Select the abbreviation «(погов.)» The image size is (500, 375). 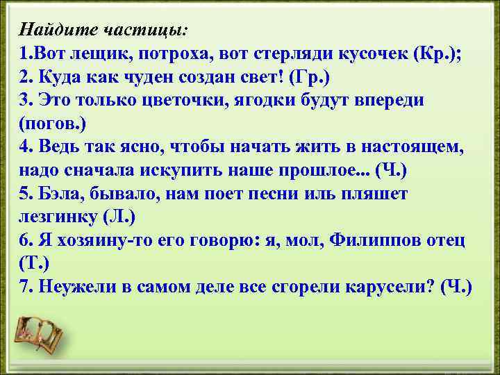pos(51,124)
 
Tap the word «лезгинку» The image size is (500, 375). pos(56,217)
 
